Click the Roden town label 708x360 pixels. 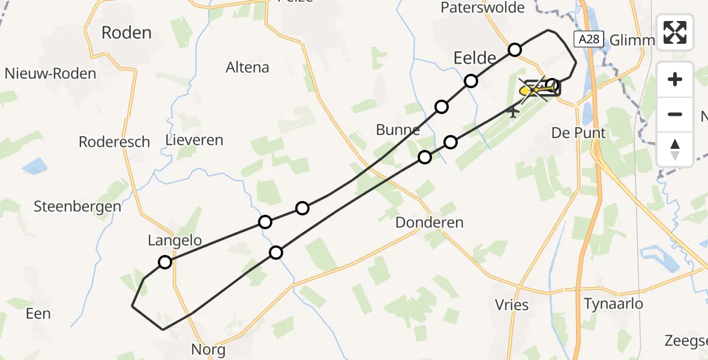pos(127,32)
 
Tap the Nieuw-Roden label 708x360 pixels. pos(50,74)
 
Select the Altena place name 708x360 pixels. pos(247,67)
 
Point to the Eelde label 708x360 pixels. pos(474,58)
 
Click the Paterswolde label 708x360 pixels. pos(482,8)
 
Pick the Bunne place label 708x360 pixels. pos(398,130)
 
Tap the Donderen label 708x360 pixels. pos(430,223)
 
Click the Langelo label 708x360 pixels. pos(175,241)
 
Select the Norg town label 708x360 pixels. pos(208,349)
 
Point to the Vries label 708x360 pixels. pos(512,305)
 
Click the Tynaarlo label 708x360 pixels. pos(614,304)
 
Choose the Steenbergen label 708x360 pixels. pos(77,206)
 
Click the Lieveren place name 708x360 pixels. pos(194,140)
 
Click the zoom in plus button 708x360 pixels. pos(675,80)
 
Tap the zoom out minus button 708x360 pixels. pos(675,114)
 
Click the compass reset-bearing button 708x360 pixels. pos(675,149)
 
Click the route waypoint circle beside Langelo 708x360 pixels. pos(165,262)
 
